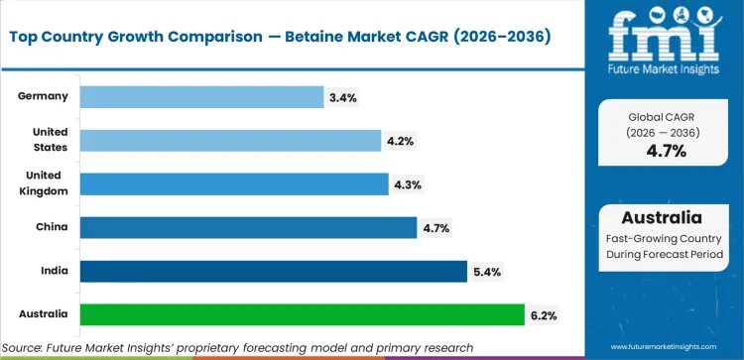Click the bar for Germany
click(x=200, y=96)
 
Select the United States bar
click(x=229, y=140)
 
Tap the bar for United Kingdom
click(x=233, y=183)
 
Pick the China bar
click(x=247, y=227)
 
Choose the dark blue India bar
click(x=272, y=271)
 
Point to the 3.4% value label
click(x=342, y=97)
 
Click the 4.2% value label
click(x=400, y=141)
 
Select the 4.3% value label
click(x=407, y=184)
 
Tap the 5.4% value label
click(x=485, y=272)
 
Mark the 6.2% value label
click(x=543, y=315)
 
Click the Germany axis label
click(x=43, y=96)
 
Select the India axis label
click(x=54, y=271)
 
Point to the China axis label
click(x=52, y=227)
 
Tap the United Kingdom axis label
click(x=45, y=183)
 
